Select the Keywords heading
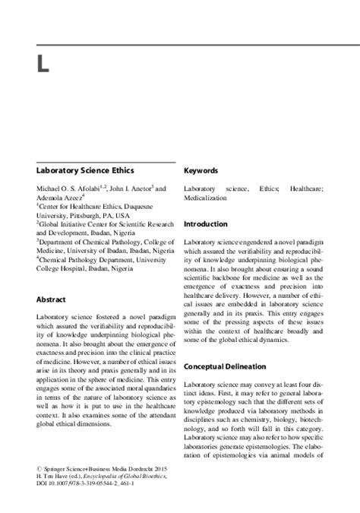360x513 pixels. coord(201,171)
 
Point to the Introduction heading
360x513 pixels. coord(205,224)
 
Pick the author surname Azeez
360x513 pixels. coord(69,196)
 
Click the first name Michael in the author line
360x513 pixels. coord(50,188)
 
